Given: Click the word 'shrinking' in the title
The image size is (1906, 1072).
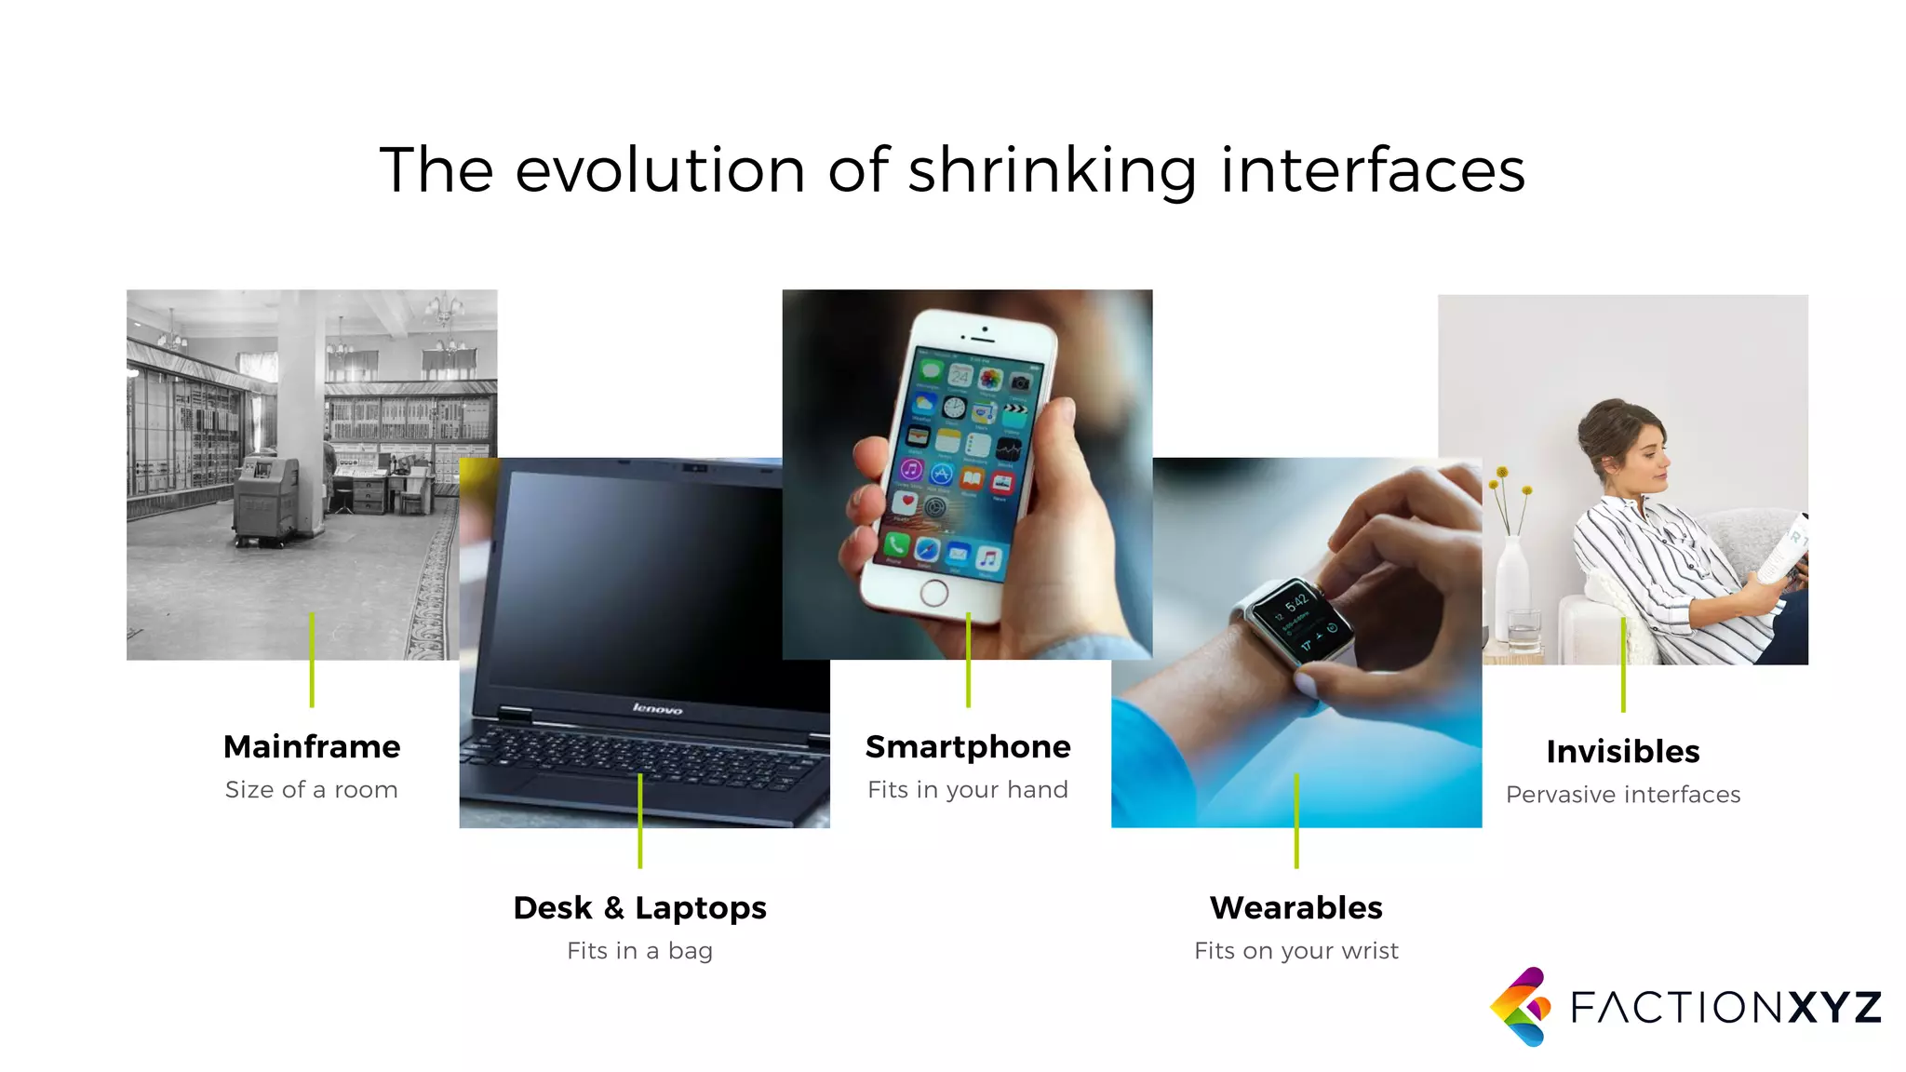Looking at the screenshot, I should [x=1052, y=171].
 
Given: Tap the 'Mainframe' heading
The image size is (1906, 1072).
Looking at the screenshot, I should [x=312, y=746].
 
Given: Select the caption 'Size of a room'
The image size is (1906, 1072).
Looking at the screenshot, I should [x=312, y=790].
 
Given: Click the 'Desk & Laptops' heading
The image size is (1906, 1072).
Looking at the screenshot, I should [x=640, y=907].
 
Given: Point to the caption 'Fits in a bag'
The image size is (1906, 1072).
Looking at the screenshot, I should [x=640, y=951].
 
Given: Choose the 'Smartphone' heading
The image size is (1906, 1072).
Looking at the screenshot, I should [x=968, y=746].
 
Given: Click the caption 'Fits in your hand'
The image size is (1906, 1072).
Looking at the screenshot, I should [x=968, y=790].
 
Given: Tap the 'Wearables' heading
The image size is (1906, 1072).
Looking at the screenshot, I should [x=1296, y=907].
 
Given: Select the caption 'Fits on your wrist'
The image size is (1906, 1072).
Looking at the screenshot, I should [x=1296, y=951].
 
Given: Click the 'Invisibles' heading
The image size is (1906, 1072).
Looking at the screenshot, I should [x=1623, y=751].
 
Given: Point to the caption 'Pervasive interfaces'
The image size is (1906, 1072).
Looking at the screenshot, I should [x=1623, y=795].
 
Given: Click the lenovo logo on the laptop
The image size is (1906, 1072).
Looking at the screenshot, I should [x=658, y=709].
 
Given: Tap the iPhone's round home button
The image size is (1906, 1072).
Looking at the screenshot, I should [x=933, y=593].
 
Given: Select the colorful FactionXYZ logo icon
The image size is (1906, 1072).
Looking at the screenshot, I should [x=1521, y=1007].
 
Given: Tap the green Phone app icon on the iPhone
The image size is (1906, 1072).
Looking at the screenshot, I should [x=896, y=545].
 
